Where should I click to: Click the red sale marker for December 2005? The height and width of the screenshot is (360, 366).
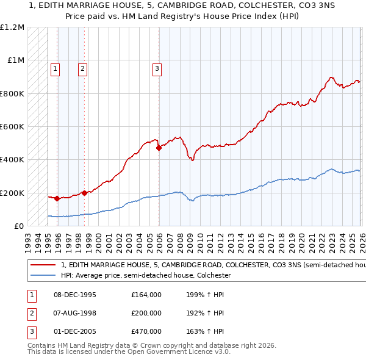159,148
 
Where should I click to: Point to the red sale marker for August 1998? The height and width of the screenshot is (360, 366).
84,193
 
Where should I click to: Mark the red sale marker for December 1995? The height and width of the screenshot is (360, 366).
57,198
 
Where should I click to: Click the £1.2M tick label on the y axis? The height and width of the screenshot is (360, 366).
13,27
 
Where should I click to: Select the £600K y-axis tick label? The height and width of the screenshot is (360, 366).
12,127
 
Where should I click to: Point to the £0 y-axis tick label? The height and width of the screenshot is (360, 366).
19,226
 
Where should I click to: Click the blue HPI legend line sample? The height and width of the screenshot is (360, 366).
41,276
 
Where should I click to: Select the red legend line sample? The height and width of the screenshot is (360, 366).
41,265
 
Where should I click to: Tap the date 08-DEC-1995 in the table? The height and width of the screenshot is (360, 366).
74,295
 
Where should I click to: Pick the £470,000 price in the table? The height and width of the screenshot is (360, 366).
146,331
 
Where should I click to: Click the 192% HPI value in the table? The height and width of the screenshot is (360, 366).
203,313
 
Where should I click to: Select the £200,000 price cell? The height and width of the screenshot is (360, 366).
146,313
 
